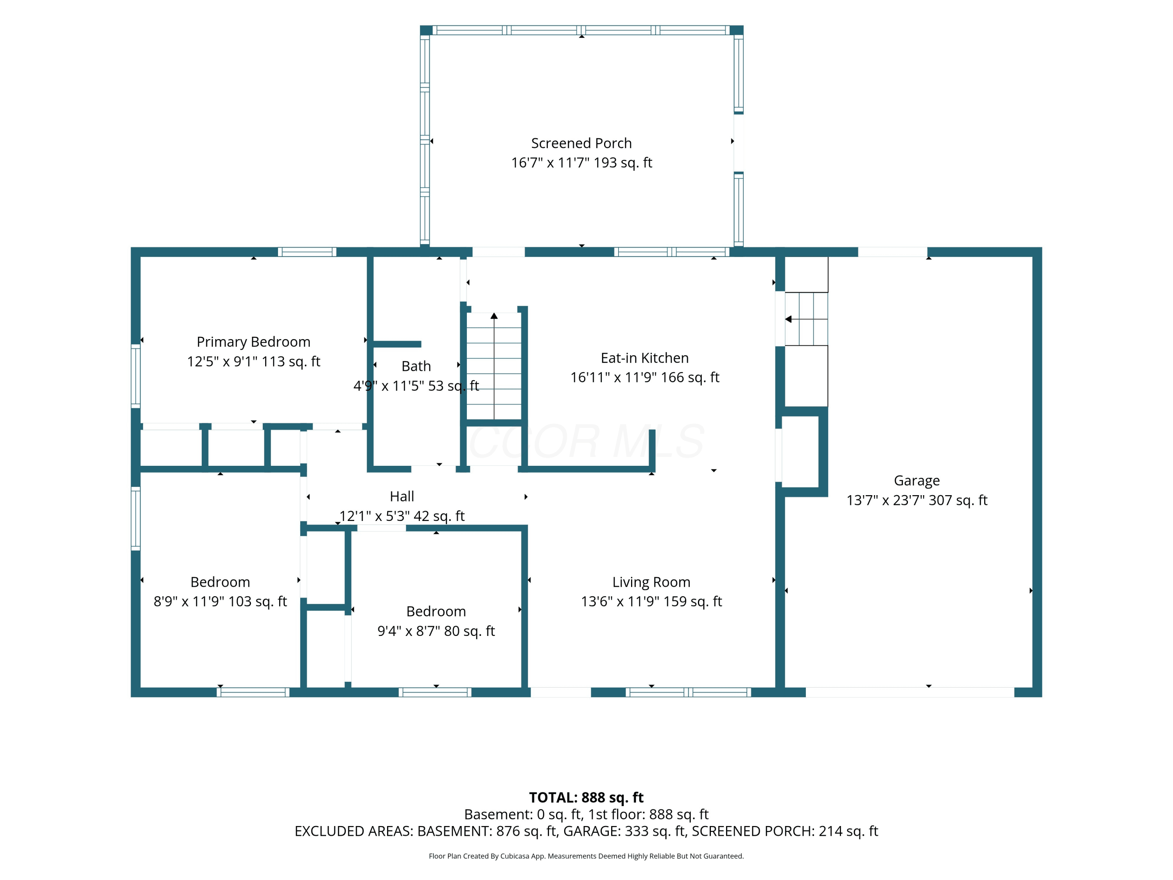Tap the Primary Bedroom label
(x=253, y=342)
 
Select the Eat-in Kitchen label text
(x=644, y=358)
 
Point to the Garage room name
(x=917, y=481)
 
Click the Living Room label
(x=651, y=582)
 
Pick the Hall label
(x=402, y=496)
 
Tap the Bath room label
(x=416, y=366)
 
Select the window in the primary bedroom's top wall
(x=307, y=252)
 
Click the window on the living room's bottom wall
(x=688, y=692)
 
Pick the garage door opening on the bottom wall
(x=910, y=692)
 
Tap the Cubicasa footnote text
(x=586, y=856)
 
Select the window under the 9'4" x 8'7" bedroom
(x=435, y=692)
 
